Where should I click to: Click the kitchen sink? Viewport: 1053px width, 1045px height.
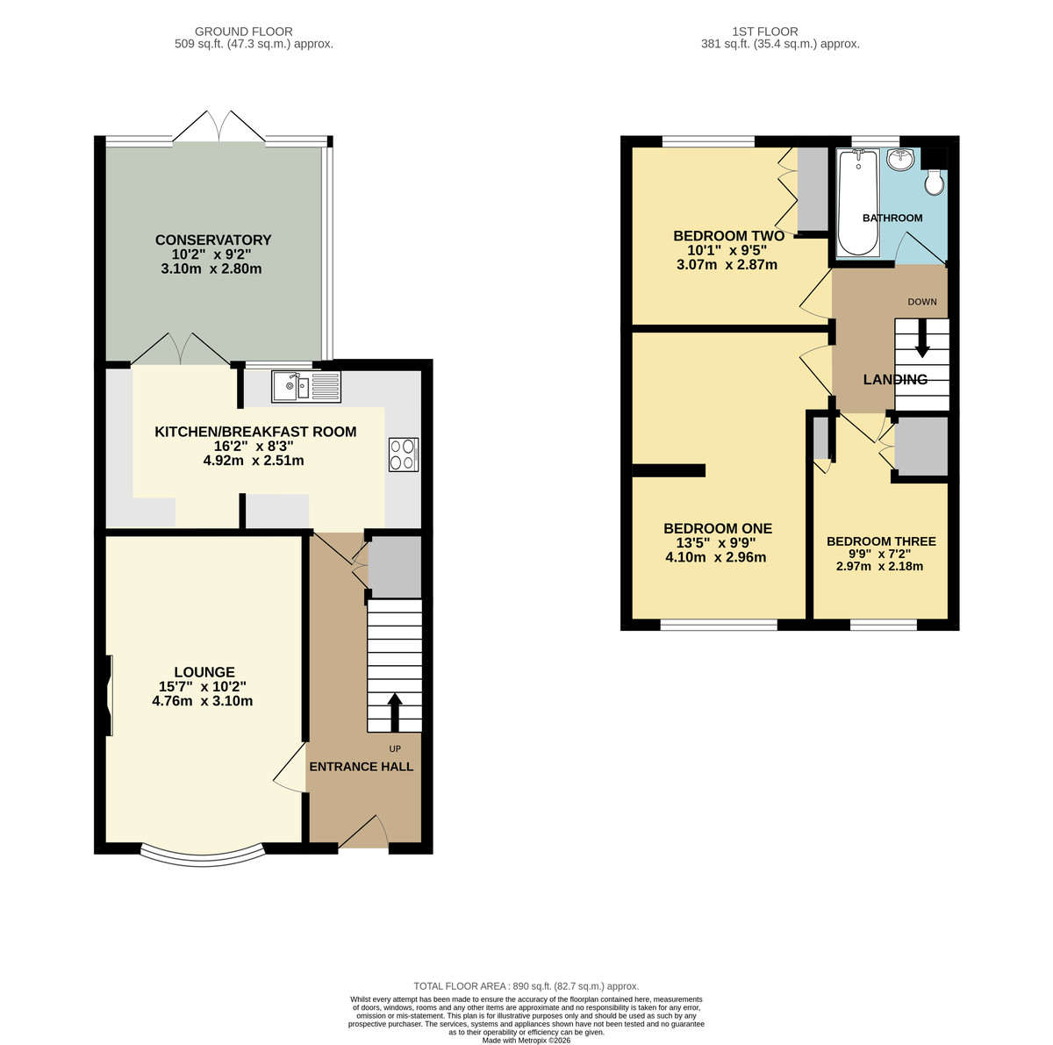[x=306, y=386]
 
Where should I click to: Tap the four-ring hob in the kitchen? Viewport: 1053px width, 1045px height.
[x=404, y=455]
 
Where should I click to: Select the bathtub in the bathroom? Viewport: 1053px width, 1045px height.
[x=858, y=202]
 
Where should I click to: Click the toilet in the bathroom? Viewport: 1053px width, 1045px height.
[x=935, y=182]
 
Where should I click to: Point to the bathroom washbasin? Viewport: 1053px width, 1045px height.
[x=900, y=159]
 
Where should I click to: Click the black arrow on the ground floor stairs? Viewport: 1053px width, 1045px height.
[x=395, y=712]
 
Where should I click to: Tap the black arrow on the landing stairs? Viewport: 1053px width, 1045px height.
[x=922, y=339]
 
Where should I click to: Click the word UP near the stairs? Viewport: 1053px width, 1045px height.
[x=395, y=748]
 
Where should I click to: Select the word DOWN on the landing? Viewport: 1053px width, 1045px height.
[x=922, y=302]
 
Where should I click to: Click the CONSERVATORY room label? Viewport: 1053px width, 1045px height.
[x=213, y=240]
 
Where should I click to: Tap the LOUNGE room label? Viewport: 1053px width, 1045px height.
[x=204, y=672]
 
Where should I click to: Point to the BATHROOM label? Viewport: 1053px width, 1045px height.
[x=892, y=218]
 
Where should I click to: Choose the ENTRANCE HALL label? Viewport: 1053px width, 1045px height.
[x=362, y=766]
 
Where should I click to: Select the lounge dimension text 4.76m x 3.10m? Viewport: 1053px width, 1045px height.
[x=202, y=701]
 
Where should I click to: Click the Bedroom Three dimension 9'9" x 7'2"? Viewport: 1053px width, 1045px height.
[x=881, y=555]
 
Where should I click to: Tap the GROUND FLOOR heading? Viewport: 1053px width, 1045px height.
[x=244, y=32]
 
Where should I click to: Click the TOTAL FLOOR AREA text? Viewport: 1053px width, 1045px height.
[x=526, y=986]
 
